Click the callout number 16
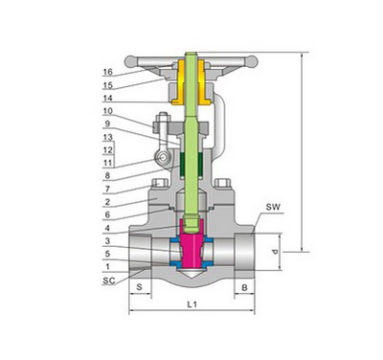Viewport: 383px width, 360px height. pos(108,72)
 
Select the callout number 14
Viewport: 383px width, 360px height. pos(108,98)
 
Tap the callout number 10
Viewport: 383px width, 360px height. pos(108,111)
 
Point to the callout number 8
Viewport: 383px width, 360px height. pos(107,175)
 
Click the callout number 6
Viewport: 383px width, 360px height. pos(107,214)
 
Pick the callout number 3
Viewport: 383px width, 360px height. pos(107,241)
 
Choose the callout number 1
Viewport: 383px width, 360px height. pos(107,266)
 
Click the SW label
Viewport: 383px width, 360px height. pos(273,207)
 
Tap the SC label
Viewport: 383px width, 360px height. pos(109,281)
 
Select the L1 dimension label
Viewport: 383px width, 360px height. pos(191,304)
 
